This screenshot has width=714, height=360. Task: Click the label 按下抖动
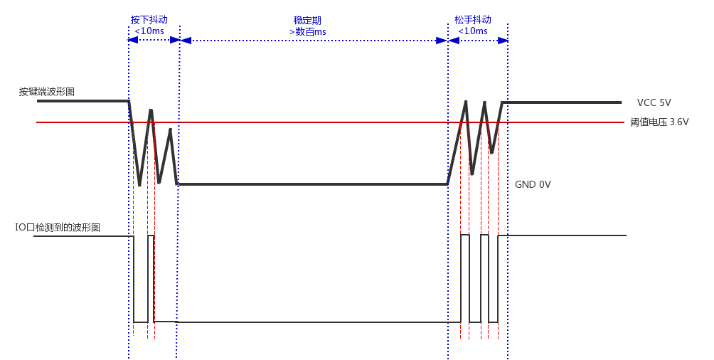coord(149,20)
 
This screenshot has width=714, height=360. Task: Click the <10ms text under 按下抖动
coord(150,31)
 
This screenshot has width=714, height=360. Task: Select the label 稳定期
coord(307,20)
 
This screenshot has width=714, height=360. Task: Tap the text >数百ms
coord(307,31)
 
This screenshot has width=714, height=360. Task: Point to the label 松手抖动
coord(473,20)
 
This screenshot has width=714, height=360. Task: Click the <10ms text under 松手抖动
coord(473,31)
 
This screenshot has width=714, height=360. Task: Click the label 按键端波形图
coord(47,92)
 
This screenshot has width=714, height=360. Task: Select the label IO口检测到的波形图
coord(58,228)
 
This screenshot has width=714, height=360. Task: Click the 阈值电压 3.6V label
coord(659,122)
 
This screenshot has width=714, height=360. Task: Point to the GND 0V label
coord(533,184)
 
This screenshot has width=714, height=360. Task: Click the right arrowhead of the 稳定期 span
coord(442,41)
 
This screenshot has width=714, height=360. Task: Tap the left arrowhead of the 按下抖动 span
coord(133,40)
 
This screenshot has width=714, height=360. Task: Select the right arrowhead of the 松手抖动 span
coord(503,41)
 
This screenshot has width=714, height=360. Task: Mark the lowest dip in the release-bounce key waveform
coord(472,173)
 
